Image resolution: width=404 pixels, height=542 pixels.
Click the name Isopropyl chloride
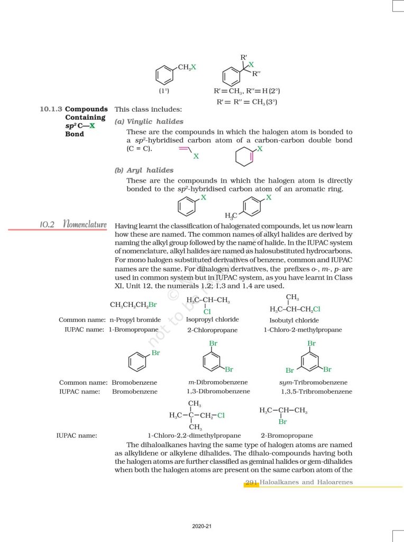coord(212,320)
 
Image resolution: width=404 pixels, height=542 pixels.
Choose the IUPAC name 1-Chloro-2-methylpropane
coord(303,330)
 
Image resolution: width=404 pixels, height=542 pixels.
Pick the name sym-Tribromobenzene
coord(313,382)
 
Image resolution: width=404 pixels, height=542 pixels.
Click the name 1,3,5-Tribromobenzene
coord(316,392)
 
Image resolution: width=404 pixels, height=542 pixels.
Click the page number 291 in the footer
coord(252,482)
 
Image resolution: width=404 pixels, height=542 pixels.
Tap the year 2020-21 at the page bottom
coord(201,527)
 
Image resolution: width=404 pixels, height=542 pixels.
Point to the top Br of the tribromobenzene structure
coord(311,344)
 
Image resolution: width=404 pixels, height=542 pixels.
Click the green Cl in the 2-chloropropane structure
coord(207,312)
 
